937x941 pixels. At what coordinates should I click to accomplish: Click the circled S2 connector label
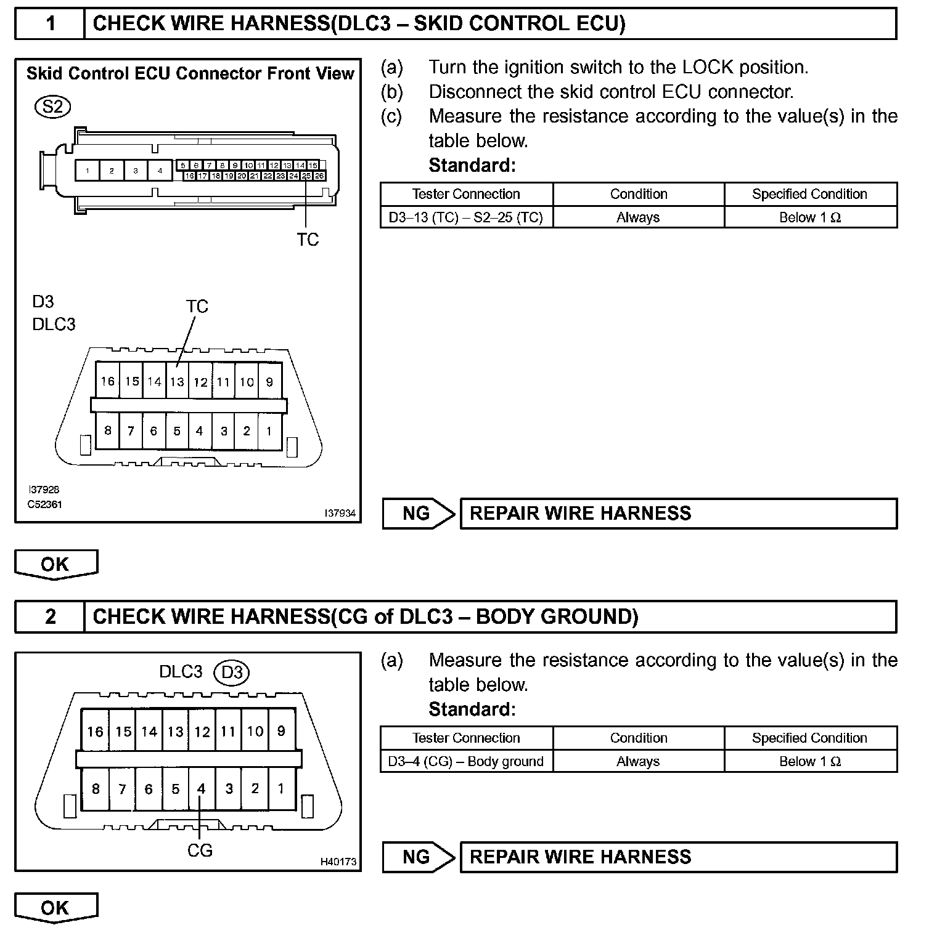(x=53, y=107)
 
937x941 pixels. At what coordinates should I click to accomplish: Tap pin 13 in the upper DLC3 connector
(x=178, y=382)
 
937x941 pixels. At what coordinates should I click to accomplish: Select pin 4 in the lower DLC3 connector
(x=201, y=788)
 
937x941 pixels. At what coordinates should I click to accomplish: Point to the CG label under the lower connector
(x=200, y=850)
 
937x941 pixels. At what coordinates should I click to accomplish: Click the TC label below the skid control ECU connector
(x=308, y=240)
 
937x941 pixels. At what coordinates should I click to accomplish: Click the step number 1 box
(x=50, y=24)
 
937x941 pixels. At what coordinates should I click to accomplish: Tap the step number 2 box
(x=50, y=616)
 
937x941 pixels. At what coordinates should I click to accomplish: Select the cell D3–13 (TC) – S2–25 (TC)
(x=466, y=217)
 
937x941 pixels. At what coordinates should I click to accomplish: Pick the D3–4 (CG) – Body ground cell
(x=466, y=762)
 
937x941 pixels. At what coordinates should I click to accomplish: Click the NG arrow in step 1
(x=417, y=514)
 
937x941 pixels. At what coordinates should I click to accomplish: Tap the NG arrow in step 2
(x=417, y=857)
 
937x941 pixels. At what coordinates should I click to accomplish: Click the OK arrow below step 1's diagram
(x=55, y=564)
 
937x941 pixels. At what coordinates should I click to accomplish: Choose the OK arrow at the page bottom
(x=55, y=908)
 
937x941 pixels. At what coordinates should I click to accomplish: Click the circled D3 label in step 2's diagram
(x=232, y=672)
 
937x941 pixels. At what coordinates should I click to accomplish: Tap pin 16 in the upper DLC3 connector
(x=108, y=382)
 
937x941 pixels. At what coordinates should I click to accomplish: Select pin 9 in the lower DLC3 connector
(x=281, y=732)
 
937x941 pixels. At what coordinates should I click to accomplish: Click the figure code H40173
(x=338, y=862)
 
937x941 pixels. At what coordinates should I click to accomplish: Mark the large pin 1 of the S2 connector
(x=88, y=171)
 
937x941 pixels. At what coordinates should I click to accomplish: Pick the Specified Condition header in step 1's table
(x=809, y=194)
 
